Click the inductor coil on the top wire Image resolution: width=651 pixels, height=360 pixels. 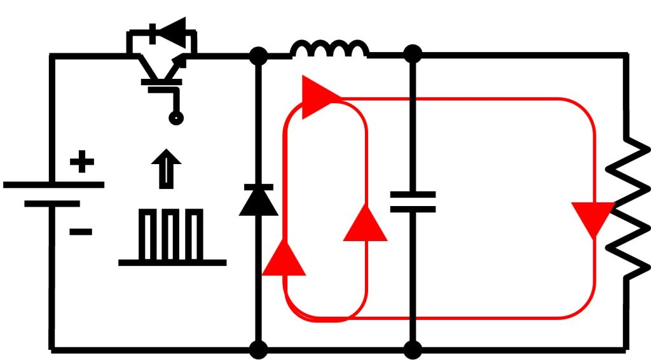(329, 50)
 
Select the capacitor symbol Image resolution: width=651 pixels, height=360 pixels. (413, 202)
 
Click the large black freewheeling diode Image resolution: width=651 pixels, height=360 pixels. (258, 200)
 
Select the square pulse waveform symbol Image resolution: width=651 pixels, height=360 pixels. (172, 238)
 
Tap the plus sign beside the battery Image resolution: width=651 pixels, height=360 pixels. (81, 162)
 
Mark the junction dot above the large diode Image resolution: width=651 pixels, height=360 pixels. (258, 56)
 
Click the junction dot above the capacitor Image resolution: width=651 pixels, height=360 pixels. (413, 54)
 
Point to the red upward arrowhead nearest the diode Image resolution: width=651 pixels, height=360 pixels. (284, 260)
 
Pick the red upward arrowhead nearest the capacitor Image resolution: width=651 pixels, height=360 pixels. (365, 224)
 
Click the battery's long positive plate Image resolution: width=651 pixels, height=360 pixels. (53, 185)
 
